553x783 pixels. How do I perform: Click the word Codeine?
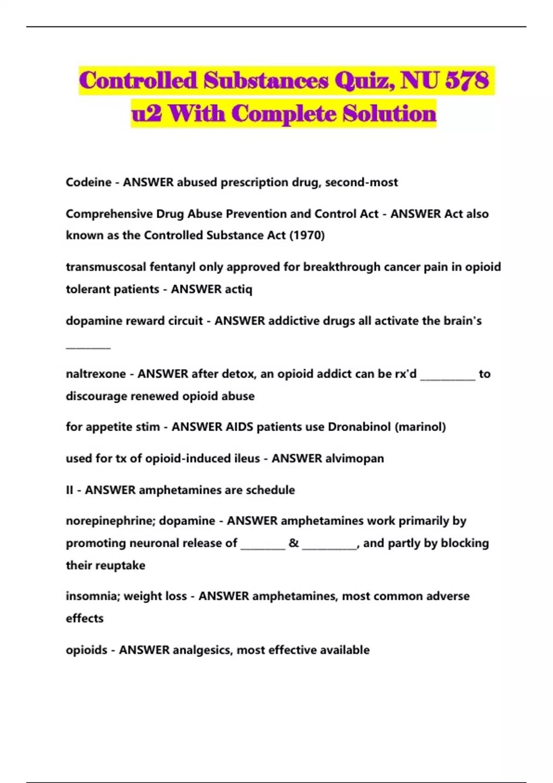coord(88,182)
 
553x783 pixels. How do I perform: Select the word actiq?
coord(238,289)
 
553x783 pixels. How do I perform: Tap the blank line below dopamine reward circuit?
coord(88,347)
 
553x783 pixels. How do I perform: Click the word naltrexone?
coord(95,374)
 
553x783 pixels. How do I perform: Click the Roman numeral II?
coord(70,490)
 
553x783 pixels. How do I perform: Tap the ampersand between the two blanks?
coord(294,543)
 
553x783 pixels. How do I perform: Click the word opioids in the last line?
coord(87,650)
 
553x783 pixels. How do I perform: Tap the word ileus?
coord(246,459)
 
